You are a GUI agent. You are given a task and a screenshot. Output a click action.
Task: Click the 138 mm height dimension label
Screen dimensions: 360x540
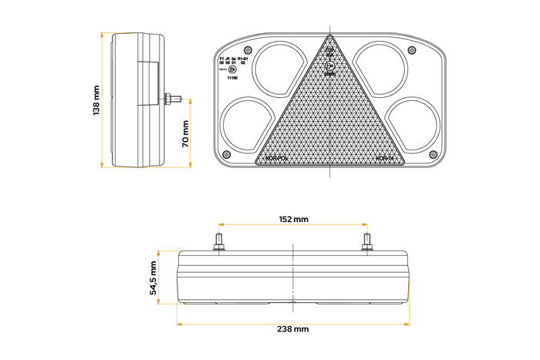[x=96, y=100]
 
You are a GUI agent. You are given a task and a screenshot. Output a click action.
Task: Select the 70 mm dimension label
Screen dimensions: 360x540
[x=185, y=133]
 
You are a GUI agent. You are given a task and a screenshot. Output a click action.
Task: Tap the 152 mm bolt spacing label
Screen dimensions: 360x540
[x=293, y=220]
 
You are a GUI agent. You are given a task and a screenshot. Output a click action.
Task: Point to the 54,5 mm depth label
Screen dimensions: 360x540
[x=154, y=278]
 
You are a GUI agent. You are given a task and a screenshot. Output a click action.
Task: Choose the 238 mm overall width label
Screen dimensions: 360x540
[x=293, y=329]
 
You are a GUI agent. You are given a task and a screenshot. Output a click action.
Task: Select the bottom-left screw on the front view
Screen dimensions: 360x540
[x=225, y=155]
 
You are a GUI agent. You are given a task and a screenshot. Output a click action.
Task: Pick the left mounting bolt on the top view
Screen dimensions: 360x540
[x=219, y=242]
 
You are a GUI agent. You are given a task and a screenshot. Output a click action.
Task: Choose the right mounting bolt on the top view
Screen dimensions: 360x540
[x=367, y=242]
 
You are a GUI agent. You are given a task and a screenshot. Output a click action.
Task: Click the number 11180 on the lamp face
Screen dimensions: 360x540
[x=231, y=78]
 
